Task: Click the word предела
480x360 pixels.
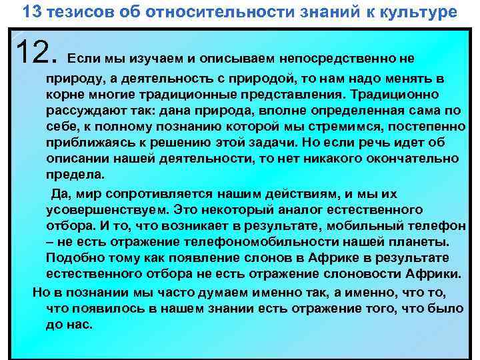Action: pos(75,174)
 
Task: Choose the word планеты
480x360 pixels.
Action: pos(421,241)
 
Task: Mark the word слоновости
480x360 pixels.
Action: pos(347,274)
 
